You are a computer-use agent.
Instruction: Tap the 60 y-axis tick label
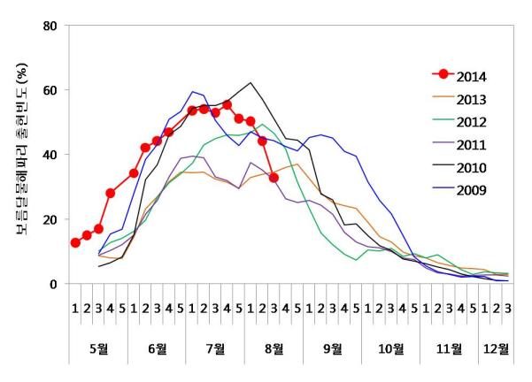(x=50, y=90)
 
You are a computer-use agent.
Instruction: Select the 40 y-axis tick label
(x=50, y=155)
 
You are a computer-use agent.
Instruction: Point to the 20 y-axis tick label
(x=50, y=219)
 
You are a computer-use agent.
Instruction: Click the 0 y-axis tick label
(x=53, y=284)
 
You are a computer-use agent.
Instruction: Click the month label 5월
(x=99, y=348)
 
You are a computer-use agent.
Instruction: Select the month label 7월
(x=216, y=348)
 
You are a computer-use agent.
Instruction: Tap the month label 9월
(x=332, y=348)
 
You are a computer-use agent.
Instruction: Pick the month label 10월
(x=390, y=348)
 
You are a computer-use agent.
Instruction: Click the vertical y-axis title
(x=21, y=155)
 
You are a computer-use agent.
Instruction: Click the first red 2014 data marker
(x=75, y=243)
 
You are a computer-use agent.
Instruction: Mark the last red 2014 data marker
(x=274, y=178)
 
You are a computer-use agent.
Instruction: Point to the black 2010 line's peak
(x=251, y=83)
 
